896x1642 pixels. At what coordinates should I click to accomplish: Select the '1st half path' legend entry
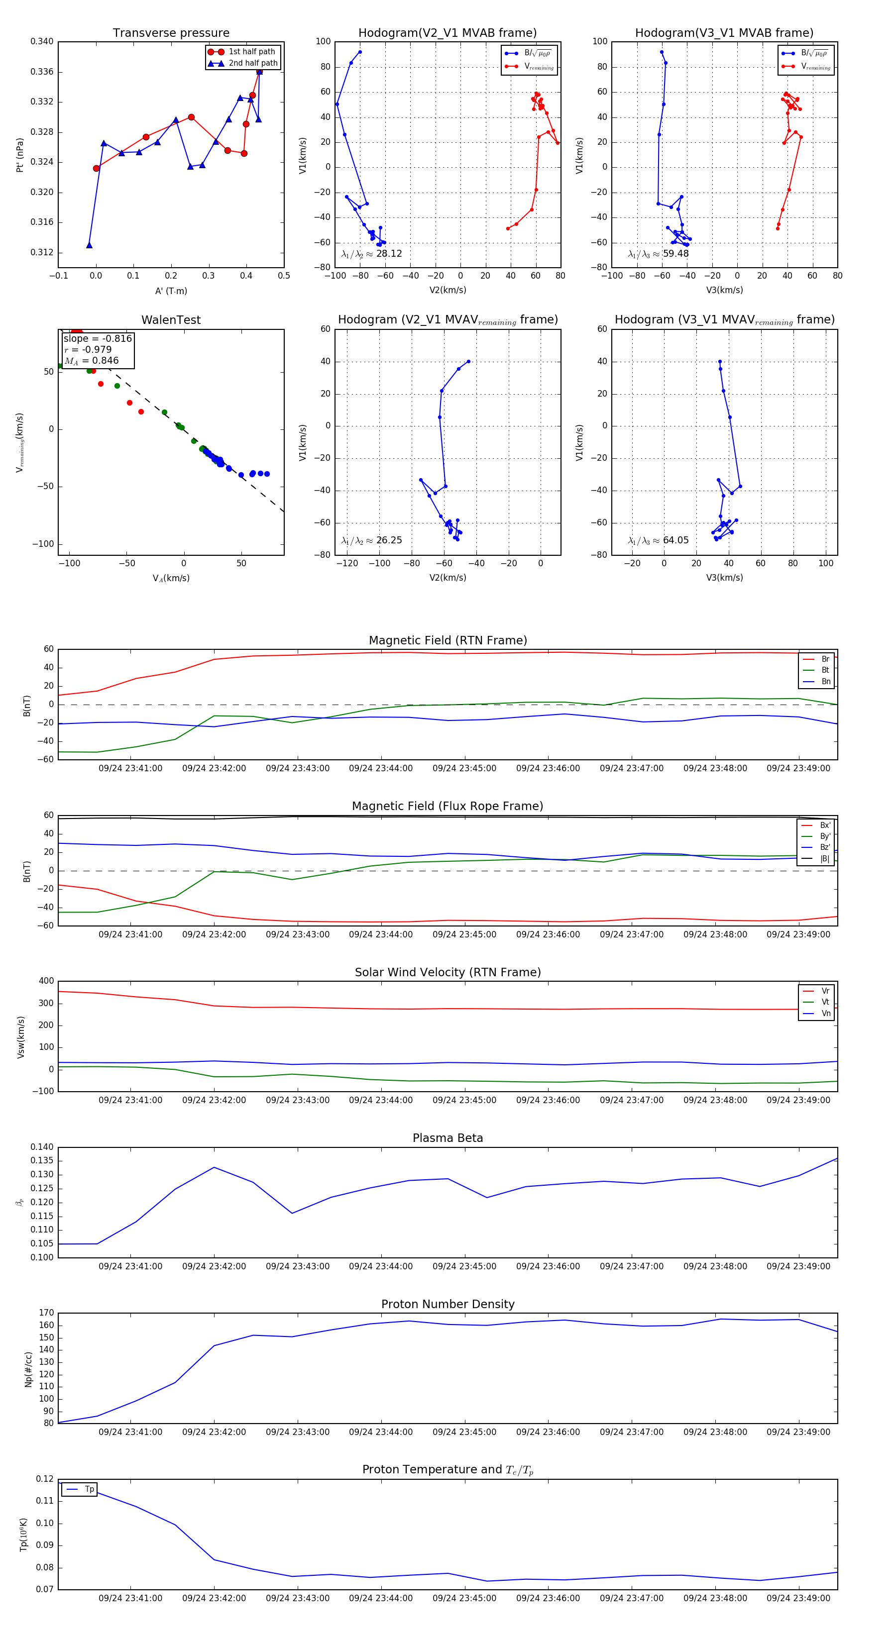pos(251,52)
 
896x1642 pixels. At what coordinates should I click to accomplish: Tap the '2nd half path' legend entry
pos(252,63)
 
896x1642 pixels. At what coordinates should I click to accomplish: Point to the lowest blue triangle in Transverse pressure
pos(89,245)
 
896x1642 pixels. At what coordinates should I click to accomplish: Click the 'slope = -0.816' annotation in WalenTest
pos(98,338)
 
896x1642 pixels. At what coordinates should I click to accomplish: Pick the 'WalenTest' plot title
pos(171,320)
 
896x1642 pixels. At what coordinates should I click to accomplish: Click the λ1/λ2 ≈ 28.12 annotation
pos(372,254)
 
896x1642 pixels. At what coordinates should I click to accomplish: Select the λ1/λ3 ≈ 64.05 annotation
pos(658,540)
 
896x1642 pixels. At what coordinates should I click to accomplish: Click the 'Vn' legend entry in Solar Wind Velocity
pos(825,1014)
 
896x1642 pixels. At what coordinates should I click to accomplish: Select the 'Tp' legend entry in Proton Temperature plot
pos(89,1489)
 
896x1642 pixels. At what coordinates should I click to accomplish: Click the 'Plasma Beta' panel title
pos(448,1138)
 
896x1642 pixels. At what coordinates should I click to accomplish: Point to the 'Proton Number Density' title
pos(448,1304)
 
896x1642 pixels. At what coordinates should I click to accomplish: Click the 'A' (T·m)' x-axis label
pos(171,291)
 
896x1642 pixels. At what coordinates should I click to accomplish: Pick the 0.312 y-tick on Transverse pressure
pos(42,252)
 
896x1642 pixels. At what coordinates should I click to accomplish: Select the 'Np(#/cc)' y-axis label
pos(28,1368)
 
